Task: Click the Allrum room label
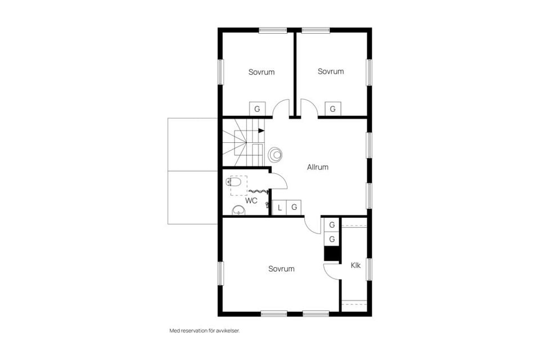point(317,167)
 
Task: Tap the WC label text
point(251,200)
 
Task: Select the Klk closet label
point(355,265)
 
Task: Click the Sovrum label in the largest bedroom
point(281,269)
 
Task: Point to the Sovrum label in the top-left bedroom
point(262,72)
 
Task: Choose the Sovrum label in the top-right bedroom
point(330,71)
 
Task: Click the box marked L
point(280,208)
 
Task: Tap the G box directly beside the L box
point(294,208)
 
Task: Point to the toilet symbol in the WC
point(233,182)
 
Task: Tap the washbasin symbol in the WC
point(238,211)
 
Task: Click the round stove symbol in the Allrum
point(276,154)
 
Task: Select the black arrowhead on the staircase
point(261,130)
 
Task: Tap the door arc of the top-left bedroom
point(281,108)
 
